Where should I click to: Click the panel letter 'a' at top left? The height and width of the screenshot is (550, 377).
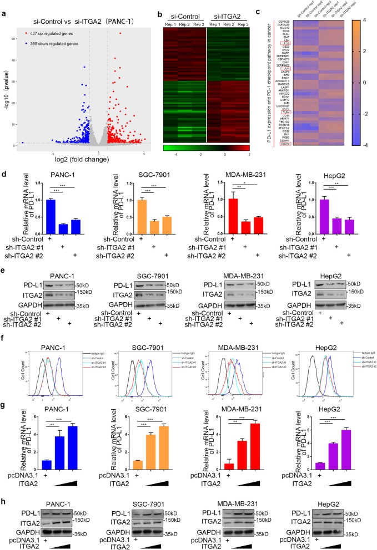4,6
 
